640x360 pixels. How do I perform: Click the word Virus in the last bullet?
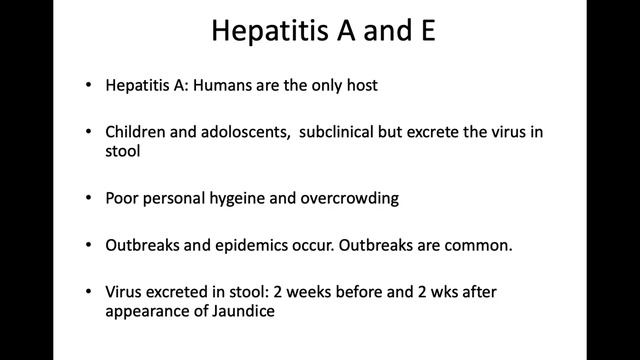coord(125,291)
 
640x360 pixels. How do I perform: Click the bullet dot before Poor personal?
coord(90,198)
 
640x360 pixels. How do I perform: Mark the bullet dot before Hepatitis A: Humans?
coord(90,86)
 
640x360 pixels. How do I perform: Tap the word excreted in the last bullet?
coord(182,291)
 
